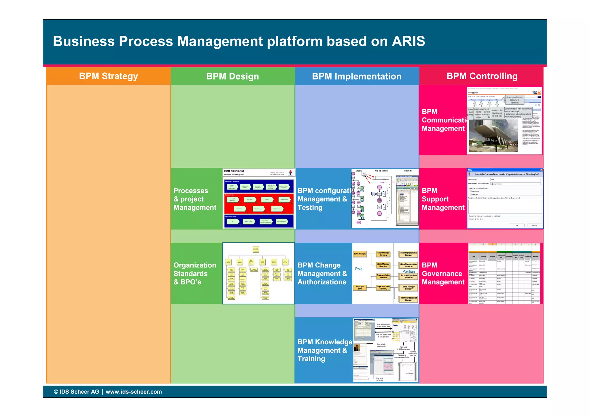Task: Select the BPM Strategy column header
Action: click(109, 76)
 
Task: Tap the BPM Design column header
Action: click(232, 76)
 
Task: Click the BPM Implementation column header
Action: click(357, 76)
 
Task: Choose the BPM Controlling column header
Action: click(482, 76)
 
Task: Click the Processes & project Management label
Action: click(195, 199)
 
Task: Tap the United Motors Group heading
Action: click(234, 171)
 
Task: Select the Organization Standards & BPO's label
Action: click(195, 273)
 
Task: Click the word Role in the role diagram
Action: click(359, 269)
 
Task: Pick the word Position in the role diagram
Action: click(409, 271)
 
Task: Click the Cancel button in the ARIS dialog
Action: click(534, 225)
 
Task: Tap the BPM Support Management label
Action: click(443, 199)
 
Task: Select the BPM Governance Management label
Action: click(443, 273)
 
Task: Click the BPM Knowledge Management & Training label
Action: click(324, 350)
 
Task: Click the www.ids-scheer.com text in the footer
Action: click(134, 392)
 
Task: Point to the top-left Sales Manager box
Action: click(360, 254)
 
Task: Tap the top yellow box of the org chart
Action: click(256, 249)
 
